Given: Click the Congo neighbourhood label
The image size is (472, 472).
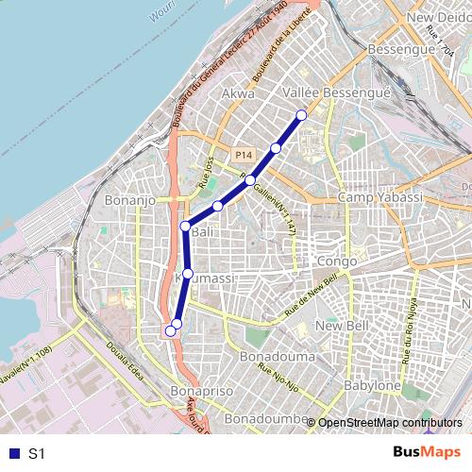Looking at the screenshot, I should pyautogui.click(x=337, y=261).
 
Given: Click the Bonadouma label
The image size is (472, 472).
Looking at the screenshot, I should pyautogui.click(x=277, y=358).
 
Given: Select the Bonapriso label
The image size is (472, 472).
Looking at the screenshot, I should pyautogui.click(x=199, y=390).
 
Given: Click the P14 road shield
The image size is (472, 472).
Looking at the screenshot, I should pyautogui.click(x=244, y=155).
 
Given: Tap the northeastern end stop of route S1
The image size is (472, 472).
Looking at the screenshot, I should pyautogui.click(x=302, y=115).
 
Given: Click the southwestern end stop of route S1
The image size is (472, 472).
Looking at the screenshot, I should pyautogui.click(x=170, y=330).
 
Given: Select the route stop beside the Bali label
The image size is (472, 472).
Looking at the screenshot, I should pyautogui.click(x=185, y=227).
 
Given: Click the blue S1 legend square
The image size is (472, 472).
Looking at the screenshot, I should pyautogui.click(x=10, y=453).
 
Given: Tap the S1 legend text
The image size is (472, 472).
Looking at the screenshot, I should pyautogui.click(x=37, y=454).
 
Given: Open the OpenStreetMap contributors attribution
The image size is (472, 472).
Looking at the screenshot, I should pyautogui.click(x=389, y=422).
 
